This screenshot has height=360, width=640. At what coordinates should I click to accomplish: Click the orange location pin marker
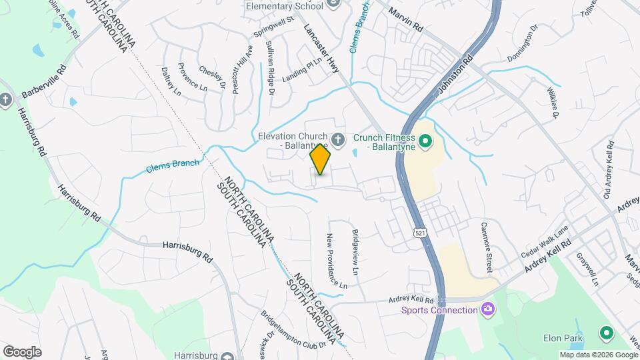click(321, 159)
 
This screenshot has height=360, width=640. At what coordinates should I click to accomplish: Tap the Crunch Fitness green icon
click(429, 141)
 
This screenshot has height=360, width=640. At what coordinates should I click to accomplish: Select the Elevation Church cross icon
click(338, 139)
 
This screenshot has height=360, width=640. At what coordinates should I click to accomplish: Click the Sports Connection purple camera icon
click(488, 309)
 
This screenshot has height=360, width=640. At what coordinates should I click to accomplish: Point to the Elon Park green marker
click(606, 332)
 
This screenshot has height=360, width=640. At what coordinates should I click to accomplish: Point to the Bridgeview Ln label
click(355, 253)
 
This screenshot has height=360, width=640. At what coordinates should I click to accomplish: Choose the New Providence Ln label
click(336, 261)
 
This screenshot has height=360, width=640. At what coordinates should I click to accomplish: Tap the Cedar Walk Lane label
click(545, 237)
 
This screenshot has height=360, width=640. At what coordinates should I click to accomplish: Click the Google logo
click(22, 352)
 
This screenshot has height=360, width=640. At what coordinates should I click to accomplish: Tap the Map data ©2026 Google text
click(598, 355)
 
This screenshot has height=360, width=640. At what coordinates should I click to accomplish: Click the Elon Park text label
click(561, 339)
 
